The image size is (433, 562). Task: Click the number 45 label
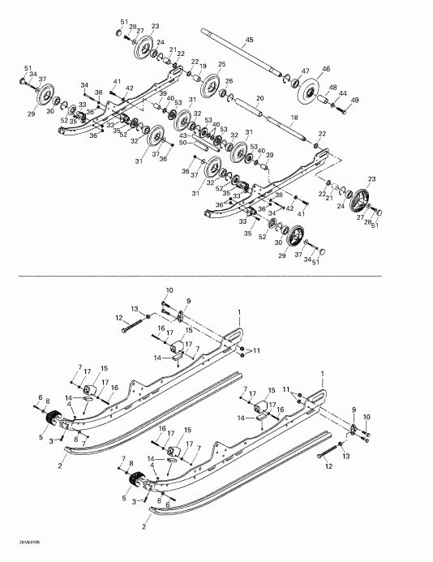click(249, 39)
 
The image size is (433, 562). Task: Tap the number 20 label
click(259, 98)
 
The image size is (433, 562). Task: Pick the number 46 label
click(326, 70)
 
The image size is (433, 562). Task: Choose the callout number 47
click(306, 71)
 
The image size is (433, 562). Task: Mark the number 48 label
click(332, 87)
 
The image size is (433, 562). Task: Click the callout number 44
click(344, 93)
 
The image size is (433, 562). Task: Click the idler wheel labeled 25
click(213, 84)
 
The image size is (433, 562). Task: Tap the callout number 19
click(204, 66)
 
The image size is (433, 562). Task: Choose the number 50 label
click(183, 141)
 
